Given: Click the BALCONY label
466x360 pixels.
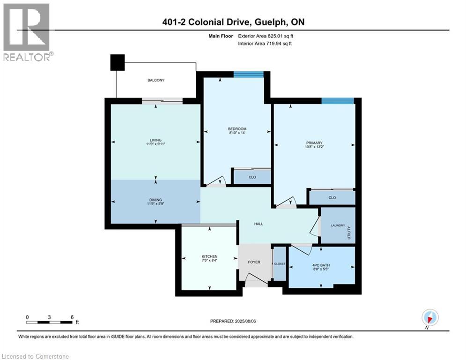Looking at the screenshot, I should [156, 80].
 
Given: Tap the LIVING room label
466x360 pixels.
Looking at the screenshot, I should [156, 140].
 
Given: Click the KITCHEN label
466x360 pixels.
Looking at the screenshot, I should [209, 256].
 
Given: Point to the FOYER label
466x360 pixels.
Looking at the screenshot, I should [254, 262].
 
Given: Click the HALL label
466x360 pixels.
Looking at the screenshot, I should [259, 224].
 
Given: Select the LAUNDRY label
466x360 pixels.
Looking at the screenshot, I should [338, 225].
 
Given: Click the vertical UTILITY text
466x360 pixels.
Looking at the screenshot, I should [349, 232].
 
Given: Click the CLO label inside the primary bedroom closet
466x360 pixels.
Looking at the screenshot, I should [332, 198].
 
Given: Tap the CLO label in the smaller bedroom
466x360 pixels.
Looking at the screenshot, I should [252, 177].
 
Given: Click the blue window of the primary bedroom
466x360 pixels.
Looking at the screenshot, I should [337, 100].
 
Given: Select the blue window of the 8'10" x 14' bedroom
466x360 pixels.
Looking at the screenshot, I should [249, 74].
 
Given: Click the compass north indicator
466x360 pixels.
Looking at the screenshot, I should [429, 317].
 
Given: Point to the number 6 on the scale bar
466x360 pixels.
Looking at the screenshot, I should [72, 317].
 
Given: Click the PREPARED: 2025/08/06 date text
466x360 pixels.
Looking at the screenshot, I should [233, 321].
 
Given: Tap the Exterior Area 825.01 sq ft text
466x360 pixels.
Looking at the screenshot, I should [262, 35].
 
